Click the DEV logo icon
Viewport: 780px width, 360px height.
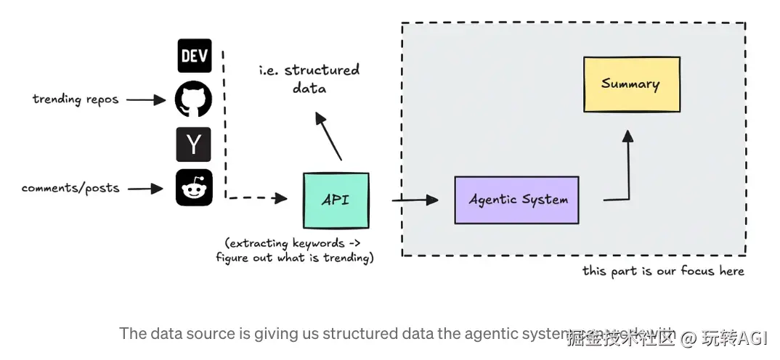point(195,56)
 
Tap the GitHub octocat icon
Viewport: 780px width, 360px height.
point(194,99)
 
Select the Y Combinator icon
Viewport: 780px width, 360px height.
point(194,144)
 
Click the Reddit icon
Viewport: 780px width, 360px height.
point(194,188)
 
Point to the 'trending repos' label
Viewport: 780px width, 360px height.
point(76,99)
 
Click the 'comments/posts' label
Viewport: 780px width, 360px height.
point(70,188)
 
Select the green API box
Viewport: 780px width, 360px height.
point(336,200)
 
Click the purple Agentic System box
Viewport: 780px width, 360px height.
point(516,200)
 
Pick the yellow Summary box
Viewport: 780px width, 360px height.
point(631,84)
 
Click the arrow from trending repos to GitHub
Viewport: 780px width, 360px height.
point(147,100)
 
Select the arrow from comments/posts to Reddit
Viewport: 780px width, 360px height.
point(146,189)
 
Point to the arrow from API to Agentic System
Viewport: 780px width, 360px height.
point(415,199)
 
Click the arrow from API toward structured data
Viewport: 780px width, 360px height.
point(329,136)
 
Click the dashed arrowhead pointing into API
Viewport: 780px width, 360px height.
point(282,197)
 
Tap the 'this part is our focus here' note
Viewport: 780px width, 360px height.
point(663,271)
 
